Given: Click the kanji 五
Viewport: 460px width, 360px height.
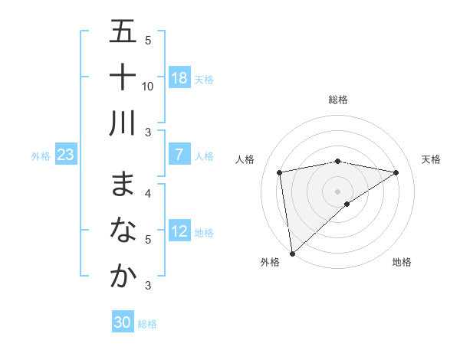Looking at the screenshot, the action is pos(123,34).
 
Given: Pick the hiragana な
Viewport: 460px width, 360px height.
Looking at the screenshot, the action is pos(123,231).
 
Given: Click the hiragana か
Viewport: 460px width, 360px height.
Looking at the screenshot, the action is pos(123,275).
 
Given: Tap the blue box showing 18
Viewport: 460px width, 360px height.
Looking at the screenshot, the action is pos(179,78).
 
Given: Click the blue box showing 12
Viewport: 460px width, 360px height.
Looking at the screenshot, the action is pos(179,232).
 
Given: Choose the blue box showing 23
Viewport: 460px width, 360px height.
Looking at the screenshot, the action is pos(66,155).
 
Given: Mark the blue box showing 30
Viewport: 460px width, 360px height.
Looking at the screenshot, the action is pos(123,322).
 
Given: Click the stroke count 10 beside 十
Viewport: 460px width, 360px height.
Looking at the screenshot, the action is pos(148,87).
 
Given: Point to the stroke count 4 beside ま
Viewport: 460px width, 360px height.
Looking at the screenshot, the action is pos(148,193).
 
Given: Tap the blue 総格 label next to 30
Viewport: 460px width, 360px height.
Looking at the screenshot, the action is pos(147,324).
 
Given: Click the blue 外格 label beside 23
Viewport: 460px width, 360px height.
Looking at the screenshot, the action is pos(41,156).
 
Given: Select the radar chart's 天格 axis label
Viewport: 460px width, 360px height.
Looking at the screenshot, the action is pos(432,159).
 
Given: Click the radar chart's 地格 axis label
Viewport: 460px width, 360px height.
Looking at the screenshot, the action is pos(402,262).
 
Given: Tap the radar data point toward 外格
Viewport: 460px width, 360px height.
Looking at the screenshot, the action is pos(292,253).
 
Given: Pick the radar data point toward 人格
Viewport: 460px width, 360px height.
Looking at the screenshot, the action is pos(280,172).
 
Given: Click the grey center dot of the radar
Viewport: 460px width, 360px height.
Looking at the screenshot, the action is pos(337,191).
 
